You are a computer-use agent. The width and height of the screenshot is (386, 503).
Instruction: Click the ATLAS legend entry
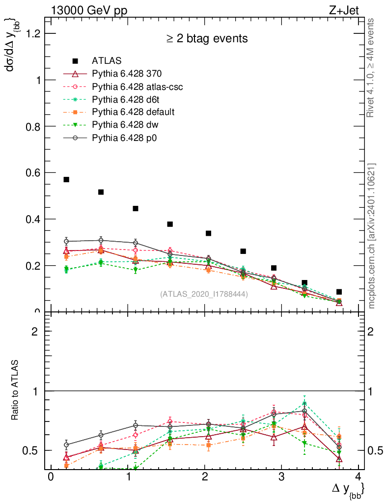tap(107, 61)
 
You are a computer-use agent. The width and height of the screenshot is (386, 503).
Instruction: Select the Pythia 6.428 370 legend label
tap(127, 74)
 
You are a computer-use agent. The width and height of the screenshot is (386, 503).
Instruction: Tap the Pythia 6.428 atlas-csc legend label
tap(138, 87)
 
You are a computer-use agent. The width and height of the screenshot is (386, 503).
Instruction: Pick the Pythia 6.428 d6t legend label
tap(127, 100)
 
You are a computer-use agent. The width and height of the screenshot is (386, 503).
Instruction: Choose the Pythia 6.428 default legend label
tap(133, 112)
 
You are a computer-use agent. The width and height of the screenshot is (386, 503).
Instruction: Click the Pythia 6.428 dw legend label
tap(126, 125)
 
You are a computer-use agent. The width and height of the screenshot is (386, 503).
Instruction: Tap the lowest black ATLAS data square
tap(339, 292)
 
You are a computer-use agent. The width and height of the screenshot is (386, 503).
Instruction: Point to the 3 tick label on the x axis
tap(281, 478)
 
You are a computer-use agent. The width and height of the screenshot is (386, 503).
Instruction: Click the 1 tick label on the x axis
tap(127, 478)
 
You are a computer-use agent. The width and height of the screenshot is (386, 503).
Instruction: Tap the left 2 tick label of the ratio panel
tap(35, 332)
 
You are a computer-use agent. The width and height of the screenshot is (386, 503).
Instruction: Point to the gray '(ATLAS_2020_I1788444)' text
tap(204, 294)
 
